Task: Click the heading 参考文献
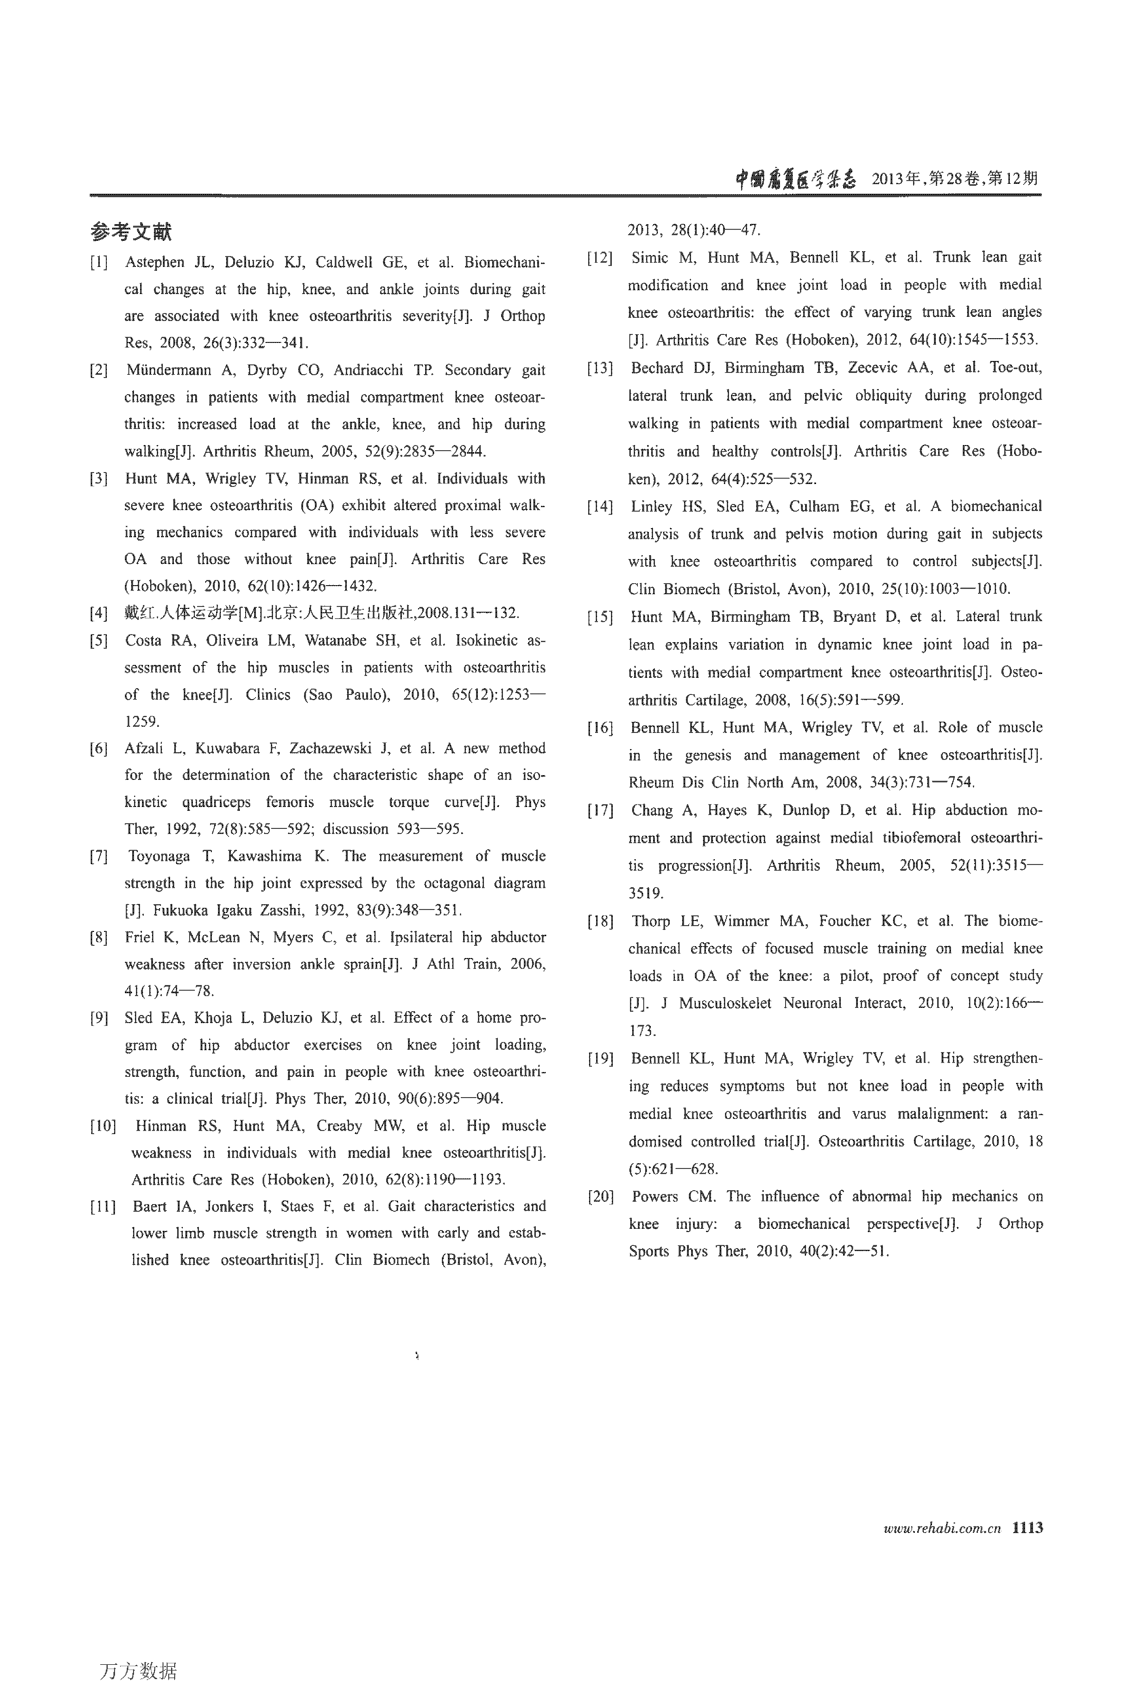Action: click(131, 232)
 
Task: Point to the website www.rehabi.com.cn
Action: click(941, 1528)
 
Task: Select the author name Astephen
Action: click(154, 262)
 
